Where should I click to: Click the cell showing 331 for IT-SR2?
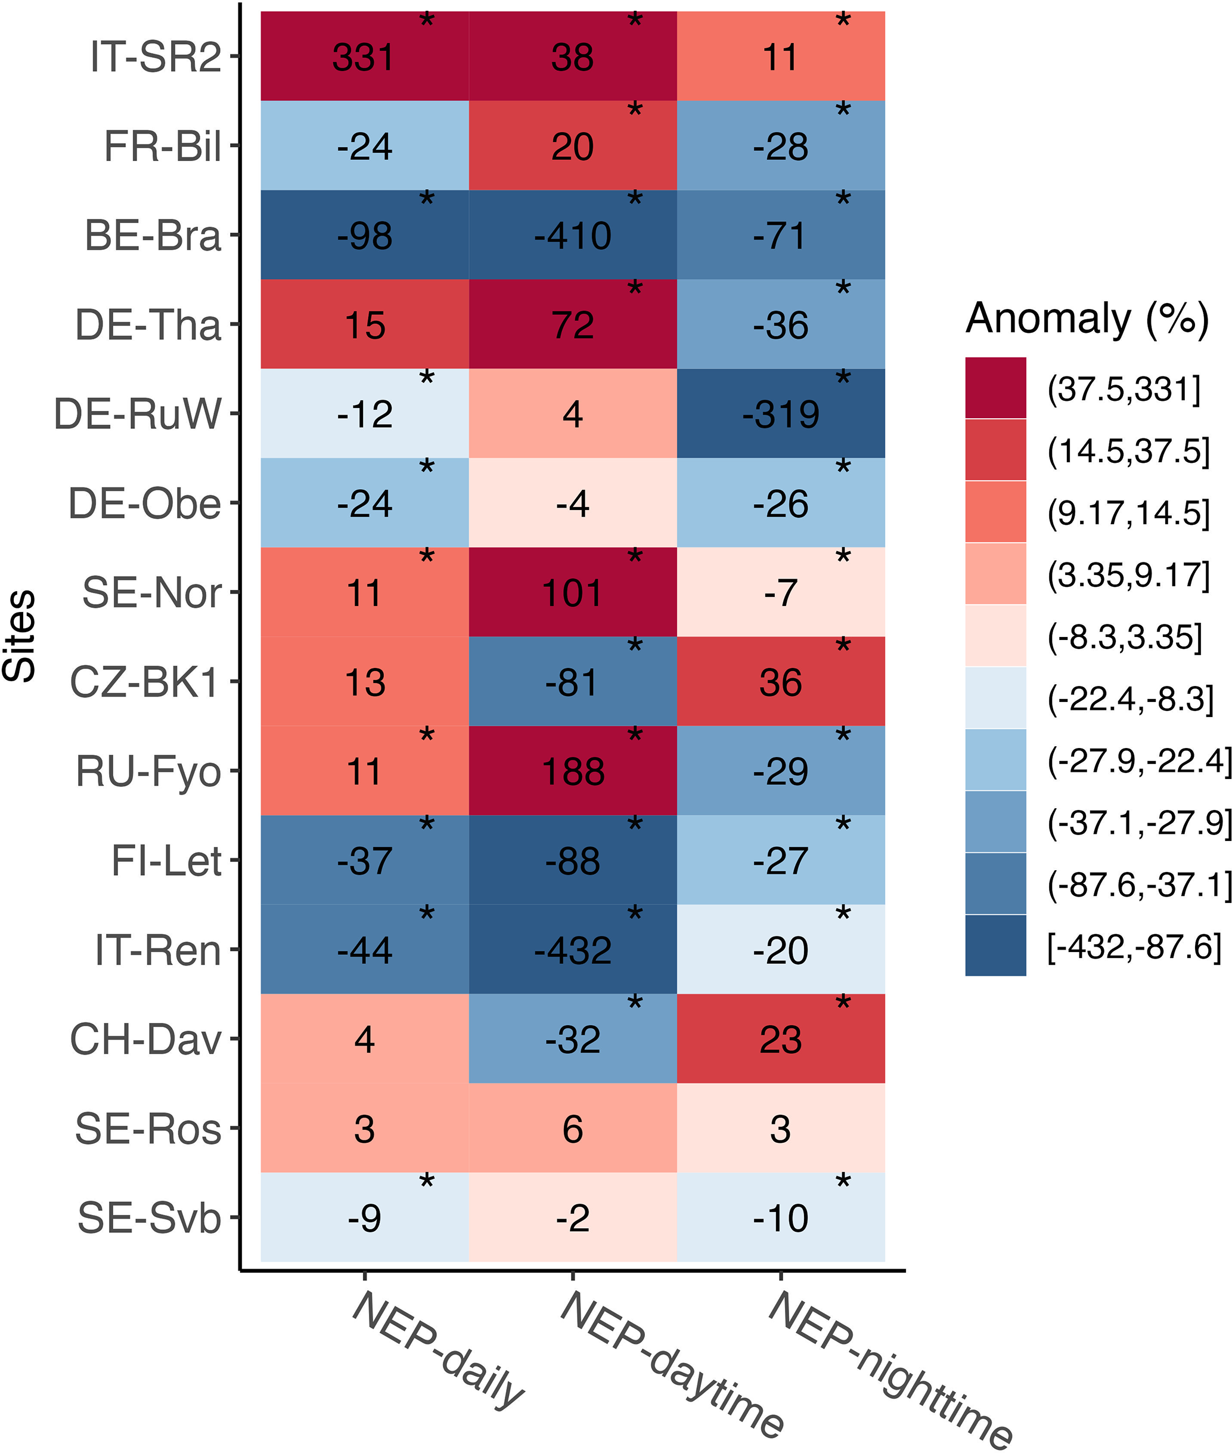click(x=363, y=57)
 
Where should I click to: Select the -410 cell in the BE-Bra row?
click(x=573, y=236)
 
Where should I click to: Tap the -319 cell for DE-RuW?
click(x=780, y=415)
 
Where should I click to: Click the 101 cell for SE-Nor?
click(x=573, y=593)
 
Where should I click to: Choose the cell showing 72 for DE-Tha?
click(x=573, y=325)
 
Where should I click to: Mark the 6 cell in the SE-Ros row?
click(x=573, y=1129)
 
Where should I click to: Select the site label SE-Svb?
click(x=149, y=1218)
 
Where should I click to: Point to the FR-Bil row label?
click(x=162, y=147)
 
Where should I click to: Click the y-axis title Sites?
click(x=20, y=636)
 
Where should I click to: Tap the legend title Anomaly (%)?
click(x=1087, y=319)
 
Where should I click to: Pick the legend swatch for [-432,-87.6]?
click(x=995, y=945)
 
